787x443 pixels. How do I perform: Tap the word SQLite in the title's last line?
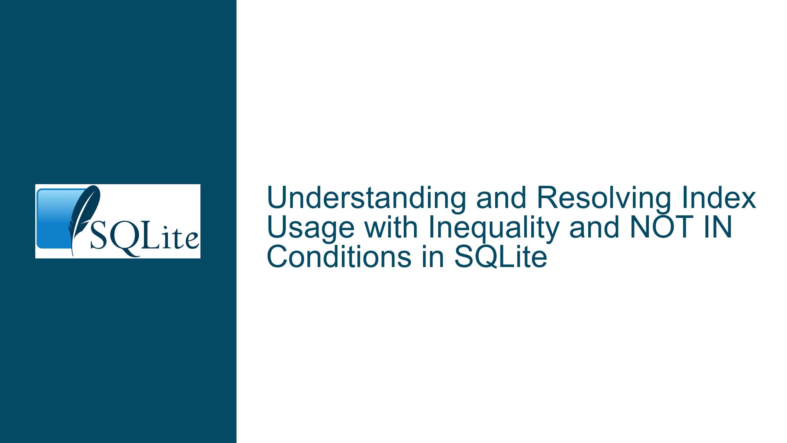click(x=500, y=258)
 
